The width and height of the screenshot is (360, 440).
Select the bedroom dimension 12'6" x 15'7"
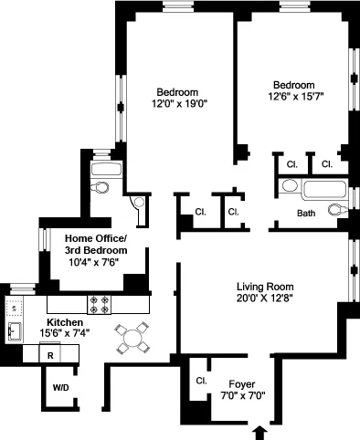[296, 95]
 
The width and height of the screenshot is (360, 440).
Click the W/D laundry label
[60, 388]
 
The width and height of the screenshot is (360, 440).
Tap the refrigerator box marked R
[51, 355]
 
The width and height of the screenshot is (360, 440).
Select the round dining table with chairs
[133, 339]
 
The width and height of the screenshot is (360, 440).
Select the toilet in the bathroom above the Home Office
[101, 187]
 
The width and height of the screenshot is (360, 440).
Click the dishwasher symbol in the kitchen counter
[15, 308]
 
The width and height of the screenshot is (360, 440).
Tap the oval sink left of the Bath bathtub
[289, 186]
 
